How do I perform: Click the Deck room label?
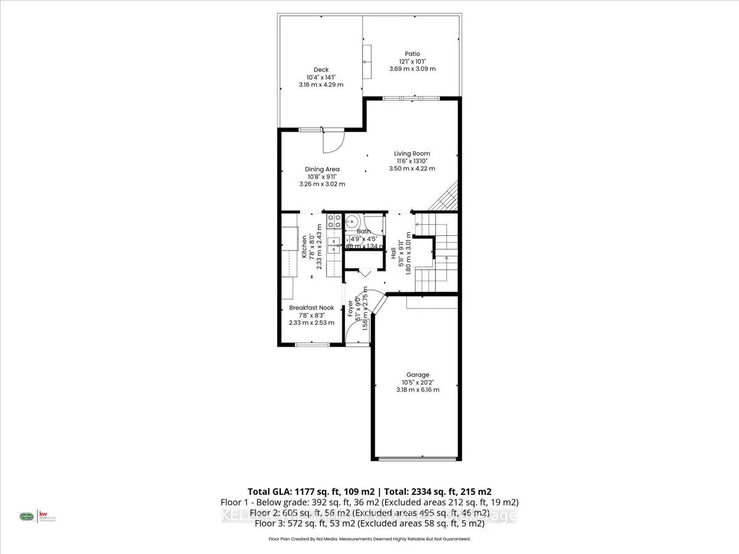(321, 70)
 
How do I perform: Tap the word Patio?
(412, 54)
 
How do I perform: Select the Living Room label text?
(412, 153)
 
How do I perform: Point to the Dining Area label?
(322, 169)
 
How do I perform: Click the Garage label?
(418, 374)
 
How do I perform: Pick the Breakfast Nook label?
(312, 308)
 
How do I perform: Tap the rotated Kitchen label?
(304, 246)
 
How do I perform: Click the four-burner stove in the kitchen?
(334, 221)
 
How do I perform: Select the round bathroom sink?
(352, 222)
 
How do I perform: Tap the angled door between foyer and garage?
(378, 305)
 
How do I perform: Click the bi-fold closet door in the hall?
(363, 272)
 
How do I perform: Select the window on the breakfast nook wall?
(312, 344)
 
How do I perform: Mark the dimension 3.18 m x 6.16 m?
(418, 389)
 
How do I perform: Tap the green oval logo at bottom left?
(26, 516)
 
